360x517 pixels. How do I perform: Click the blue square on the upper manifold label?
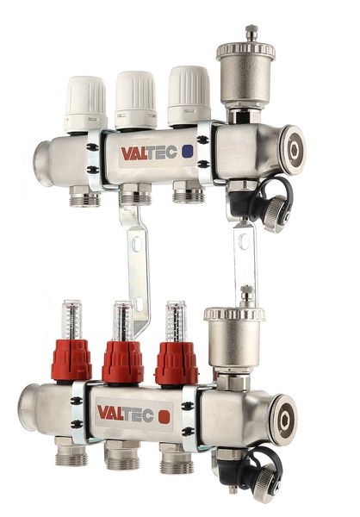coord(187,151)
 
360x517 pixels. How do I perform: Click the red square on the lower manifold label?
coord(164,416)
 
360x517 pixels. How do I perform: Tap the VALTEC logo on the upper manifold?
coord(149,153)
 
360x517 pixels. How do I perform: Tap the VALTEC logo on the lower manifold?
coord(125,414)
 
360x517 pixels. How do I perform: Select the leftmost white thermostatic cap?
coord(86,104)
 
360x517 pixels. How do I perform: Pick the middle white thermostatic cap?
coord(135,100)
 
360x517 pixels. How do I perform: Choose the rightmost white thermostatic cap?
coord(189,96)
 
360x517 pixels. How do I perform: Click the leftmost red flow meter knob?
coord(71,359)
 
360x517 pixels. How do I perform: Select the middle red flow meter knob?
coord(122,363)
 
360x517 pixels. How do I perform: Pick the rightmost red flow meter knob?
coord(177,364)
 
